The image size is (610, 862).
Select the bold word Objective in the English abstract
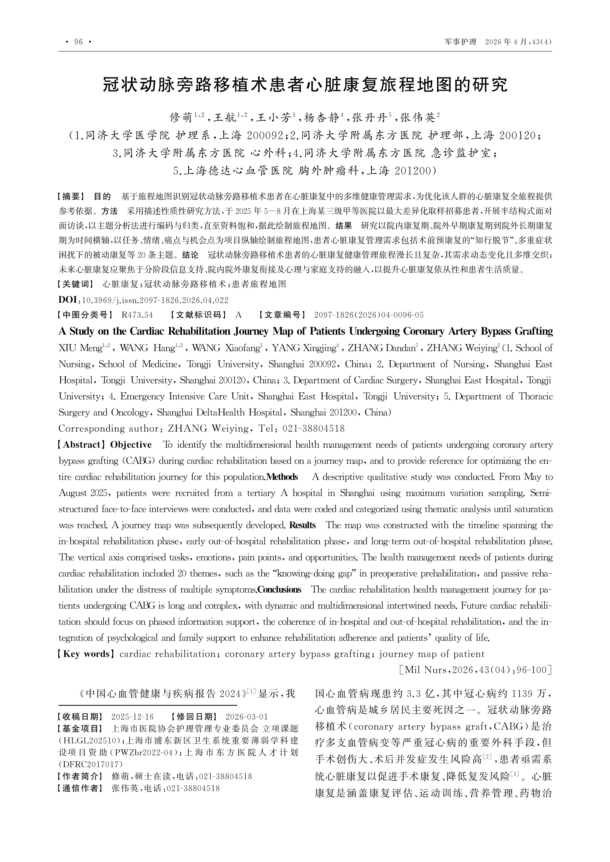(x=131, y=445)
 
